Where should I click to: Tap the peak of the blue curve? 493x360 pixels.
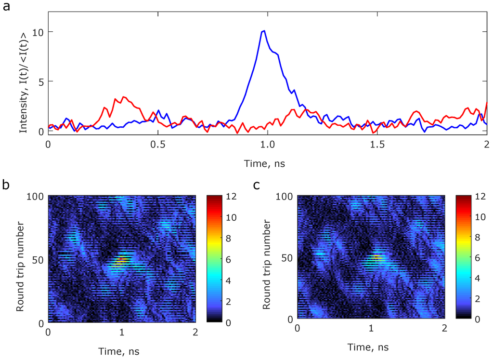(x=264, y=31)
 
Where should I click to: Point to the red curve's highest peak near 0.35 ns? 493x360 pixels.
(x=124, y=97)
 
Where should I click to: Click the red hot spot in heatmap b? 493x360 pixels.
(x=120, y=260)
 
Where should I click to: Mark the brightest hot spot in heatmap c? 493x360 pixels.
(x=376, y=257)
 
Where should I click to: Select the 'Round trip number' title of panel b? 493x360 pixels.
(x=20, y=259)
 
